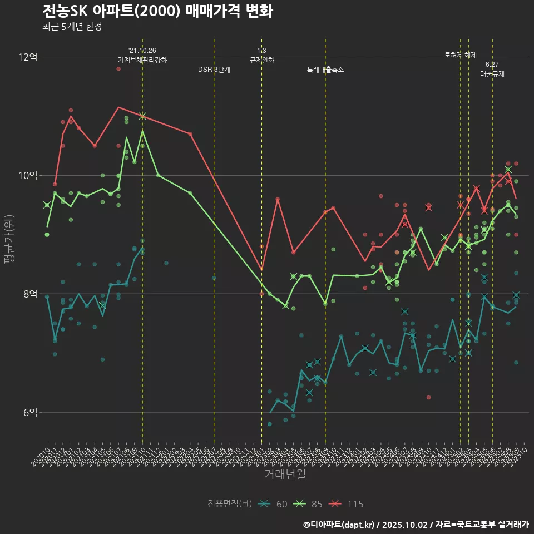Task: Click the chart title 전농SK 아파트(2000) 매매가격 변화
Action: click(x=157, y=11)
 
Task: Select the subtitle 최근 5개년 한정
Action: click(x=72, y=27)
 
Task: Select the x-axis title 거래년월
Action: click(x=285, y=474)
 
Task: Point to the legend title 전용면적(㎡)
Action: click(x=230, y=504)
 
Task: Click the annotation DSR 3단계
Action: click(x=214, y=70)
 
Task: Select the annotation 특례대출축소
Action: click(x=325, y=70)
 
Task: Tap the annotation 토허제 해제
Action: click(x=461, y=55)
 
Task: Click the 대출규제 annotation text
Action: click(x=492, y=74)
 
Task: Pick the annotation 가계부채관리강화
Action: click(x=142, y=60)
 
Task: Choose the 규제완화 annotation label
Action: click(x=262, y=60)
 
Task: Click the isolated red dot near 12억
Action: click(x=118, y=68)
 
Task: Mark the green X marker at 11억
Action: click(x=142, y=116)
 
